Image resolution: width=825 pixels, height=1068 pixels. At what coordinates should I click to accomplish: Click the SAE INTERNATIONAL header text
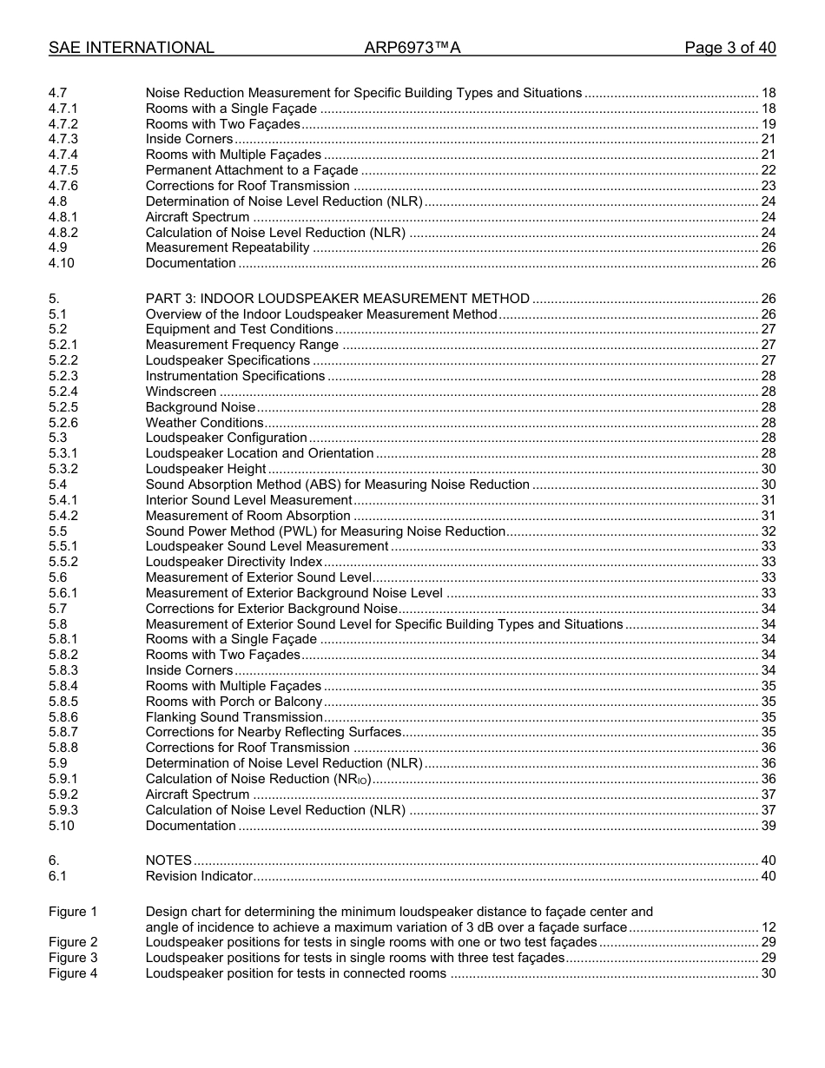[x=131, y=48]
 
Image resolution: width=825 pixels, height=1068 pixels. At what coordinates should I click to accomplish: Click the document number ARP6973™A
[x=412, y=48]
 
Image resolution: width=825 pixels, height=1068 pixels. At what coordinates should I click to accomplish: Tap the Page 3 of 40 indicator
[x=729, y=48]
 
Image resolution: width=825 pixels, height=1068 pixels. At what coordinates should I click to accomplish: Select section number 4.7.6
[x=63, y=186]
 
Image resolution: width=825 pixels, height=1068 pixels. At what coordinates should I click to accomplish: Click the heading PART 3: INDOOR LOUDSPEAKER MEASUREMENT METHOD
[x=337, y=299]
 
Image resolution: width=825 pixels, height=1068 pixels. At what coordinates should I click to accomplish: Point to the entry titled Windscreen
[x=181, y=392]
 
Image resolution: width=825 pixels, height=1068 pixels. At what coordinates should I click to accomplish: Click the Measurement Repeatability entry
[x=228, y=247]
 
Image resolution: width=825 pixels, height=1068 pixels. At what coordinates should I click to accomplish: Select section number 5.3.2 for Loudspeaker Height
[x=63, y=469]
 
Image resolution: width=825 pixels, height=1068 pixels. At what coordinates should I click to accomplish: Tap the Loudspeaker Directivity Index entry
[x=234, y=562]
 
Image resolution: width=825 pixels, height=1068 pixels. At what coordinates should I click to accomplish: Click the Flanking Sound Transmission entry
[x=234, y=717]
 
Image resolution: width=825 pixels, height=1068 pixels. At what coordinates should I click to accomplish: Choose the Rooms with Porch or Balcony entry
[x=234, y=702]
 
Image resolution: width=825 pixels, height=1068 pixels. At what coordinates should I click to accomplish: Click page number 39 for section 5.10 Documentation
[x=768, y=826]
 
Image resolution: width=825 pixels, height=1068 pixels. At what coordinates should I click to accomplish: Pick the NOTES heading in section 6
[x=168, y=860]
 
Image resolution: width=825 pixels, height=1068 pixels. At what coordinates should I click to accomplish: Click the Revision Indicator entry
[x=199, y=876]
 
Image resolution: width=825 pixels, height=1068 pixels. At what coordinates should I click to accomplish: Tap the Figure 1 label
[x=73, y=912]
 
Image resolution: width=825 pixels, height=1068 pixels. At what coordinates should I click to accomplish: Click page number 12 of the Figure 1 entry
[x=768, y=927]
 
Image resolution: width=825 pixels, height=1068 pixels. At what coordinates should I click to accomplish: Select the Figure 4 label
[x=73, y=973]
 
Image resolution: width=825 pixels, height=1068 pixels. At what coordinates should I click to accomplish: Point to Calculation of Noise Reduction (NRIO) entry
[x=258, y=779]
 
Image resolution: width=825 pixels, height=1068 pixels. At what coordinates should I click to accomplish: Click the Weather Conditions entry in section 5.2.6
[x=204, y=423]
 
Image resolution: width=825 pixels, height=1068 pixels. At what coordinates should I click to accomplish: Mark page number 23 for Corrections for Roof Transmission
[x=768, y=186]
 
